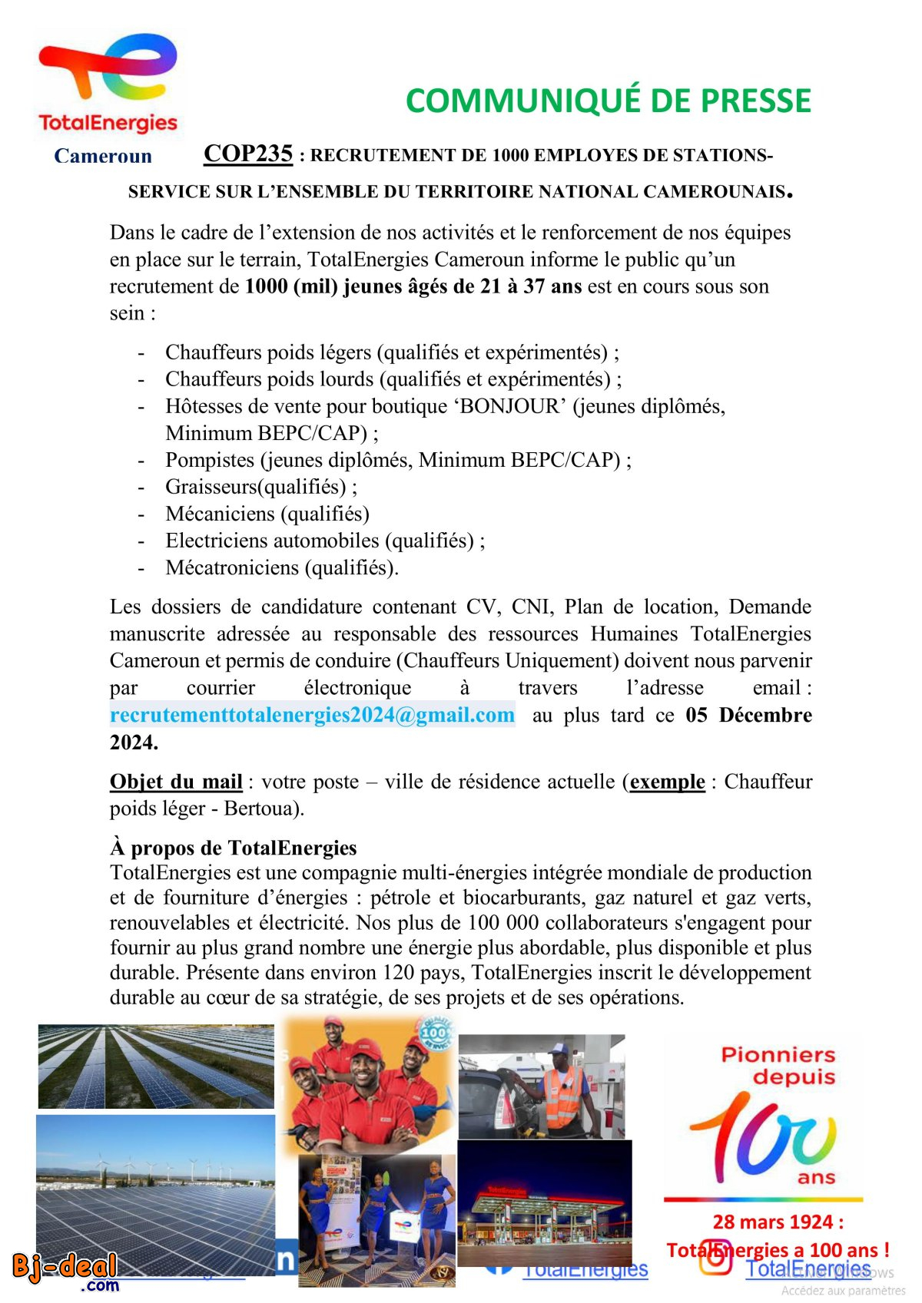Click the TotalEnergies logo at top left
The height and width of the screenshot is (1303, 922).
108,84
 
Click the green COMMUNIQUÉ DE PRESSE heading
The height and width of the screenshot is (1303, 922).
608,101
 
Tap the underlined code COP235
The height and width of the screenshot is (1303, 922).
248,154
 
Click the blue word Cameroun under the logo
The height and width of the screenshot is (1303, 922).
103,156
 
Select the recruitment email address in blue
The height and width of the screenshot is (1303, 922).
312,715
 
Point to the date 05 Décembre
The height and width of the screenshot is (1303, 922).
748,715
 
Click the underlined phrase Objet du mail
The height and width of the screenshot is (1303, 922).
176,782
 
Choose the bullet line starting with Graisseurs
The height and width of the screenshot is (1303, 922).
261,487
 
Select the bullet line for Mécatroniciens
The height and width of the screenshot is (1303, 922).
282,567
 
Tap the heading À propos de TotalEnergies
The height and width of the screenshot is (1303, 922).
234,848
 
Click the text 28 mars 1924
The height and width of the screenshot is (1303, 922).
778,1222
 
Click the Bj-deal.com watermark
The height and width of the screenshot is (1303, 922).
66,1271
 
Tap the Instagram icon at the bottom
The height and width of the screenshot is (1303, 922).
715,1259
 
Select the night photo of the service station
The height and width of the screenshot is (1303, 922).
544,1202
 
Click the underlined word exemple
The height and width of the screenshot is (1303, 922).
667,782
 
